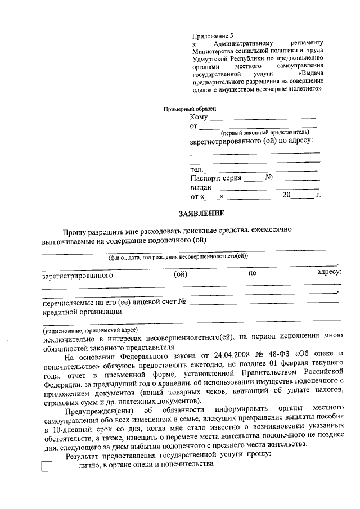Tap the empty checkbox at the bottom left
pyautogui.click(x=48, y=466)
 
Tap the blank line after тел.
pyautogui.click(x=262, y=170)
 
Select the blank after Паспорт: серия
pyautogui.click(x=253, y=179)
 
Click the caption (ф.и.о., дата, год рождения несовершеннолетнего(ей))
pyautogui.click(x=178, y=256)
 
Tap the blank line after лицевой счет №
pyautogui.click(x=264, y=304)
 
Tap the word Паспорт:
pyautogui.click(x=205, y=178)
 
